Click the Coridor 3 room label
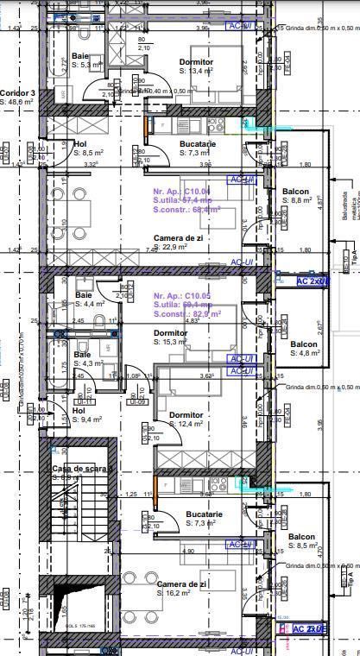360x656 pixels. point(17,92)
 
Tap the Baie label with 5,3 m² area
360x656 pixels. point(80,56)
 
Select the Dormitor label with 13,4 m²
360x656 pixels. point(196,62)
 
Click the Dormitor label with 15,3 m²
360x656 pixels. point(170,332)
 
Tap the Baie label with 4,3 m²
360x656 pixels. point(82,355)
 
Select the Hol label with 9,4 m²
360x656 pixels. point(79,411)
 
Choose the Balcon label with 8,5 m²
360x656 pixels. point(302,536)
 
